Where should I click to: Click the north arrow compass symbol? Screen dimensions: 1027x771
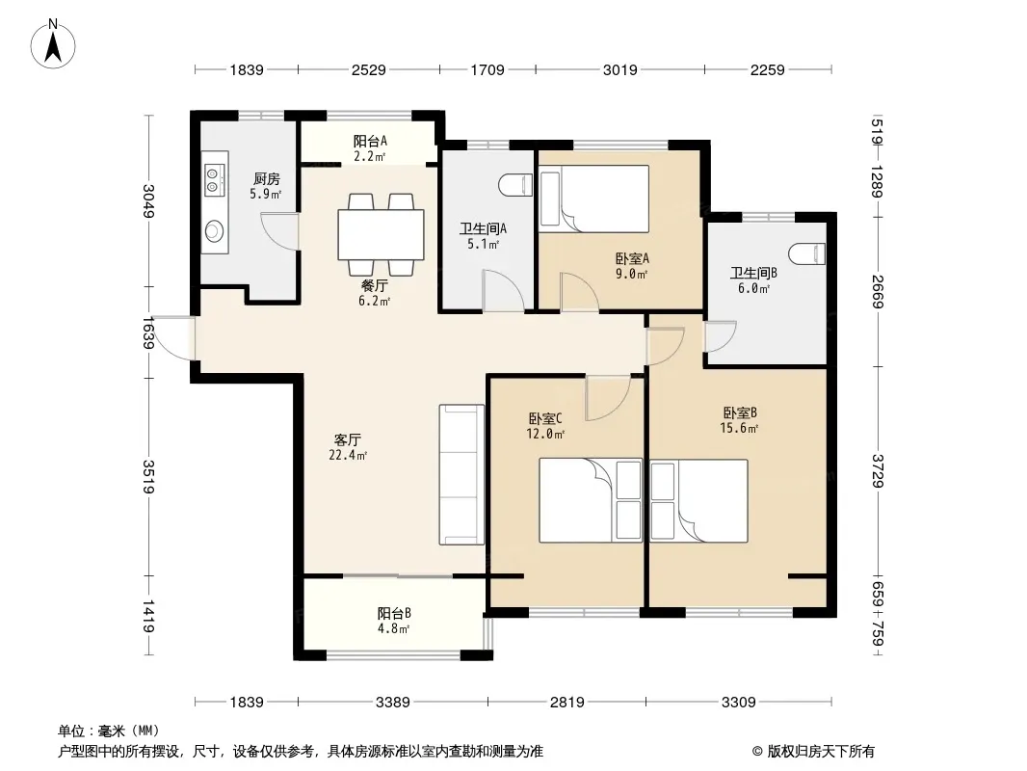pyautogui.click(x=53, y=43)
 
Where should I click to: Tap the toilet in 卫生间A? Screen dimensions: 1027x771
pyautogui.click(x=516, y=185)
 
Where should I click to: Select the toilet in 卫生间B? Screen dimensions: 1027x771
pyautogui.click(x=807, y=253)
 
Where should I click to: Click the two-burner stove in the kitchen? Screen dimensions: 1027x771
pyautogui.click(x=214, y=180)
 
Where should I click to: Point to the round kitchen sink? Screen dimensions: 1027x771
pyautogui.click(x=214, y=230)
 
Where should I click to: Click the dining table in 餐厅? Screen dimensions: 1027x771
pyautogui.click(x=381, y=234)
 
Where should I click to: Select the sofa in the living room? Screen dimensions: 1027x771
pyautogui.click(x=461, y=475)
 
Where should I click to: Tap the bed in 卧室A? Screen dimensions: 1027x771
pyautogui.click(x=593, y=199)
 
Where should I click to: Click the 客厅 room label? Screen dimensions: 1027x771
pyautogui.click(x=347, y=439)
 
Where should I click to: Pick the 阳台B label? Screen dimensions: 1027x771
pyautogui.click(x=394, y=613)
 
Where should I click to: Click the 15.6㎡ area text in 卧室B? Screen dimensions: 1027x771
pyautogui.click(x=740, y=429)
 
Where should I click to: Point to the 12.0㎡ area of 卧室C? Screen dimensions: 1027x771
pyautogui.click(x=545, y=434)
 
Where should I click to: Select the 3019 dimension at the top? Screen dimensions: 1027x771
pyautogui.click(x=619, y=69)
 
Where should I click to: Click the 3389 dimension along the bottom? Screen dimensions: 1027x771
pyautogui.click(x=392, y=703)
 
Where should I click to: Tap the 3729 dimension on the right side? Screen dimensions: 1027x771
pyautogui.click(x=878, y=471)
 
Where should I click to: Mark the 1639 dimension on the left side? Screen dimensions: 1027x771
pyautogui.click(x=148, y=332)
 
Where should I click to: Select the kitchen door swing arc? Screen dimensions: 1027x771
pyautogui.click(x=279, y=231)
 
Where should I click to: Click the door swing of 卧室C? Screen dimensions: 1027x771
pyautogui.click(x=607, y=398)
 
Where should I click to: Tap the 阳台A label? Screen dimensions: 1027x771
pyautogui.click(x=370, y=141)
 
